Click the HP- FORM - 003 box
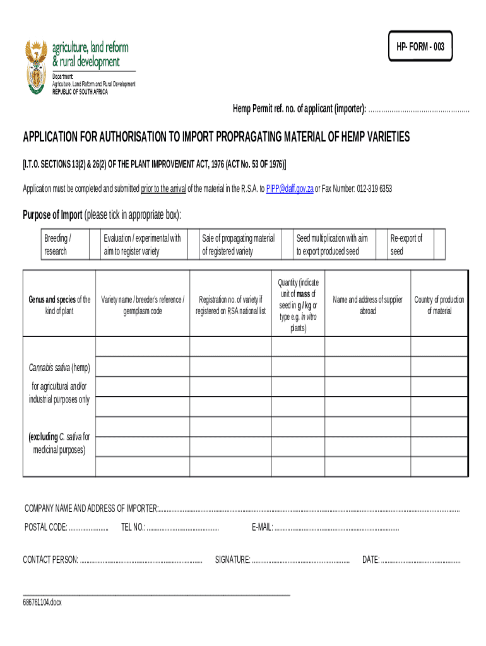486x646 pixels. [420, 47]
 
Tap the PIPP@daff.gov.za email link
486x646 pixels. [290, 189]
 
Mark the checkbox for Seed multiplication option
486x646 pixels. [380, 245]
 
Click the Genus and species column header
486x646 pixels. [59, 305]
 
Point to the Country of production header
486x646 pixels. [439, 305]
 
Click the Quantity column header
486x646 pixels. [299, 305]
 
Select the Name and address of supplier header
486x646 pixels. [367, 305]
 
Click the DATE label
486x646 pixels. [370, 559]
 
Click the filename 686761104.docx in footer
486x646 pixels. [42, 602]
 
